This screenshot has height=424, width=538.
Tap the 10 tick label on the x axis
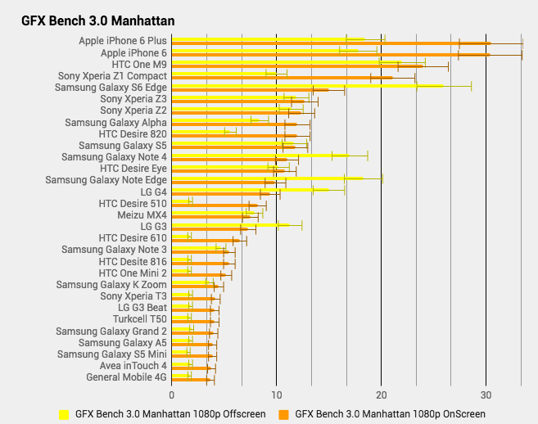pyautogui.click(x=276, y=395)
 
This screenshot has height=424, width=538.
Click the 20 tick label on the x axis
pyautogui.click(x=381, y=395)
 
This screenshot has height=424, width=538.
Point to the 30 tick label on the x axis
pyautogui.click(x=486, y=395)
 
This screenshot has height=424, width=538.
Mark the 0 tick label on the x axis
pyautogui.click(x=171, y=395)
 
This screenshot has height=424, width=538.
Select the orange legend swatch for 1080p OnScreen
pyautogui.click(x=283, y=414)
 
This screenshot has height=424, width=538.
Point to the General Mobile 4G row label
pyautogui.click(x=126, y=377)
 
